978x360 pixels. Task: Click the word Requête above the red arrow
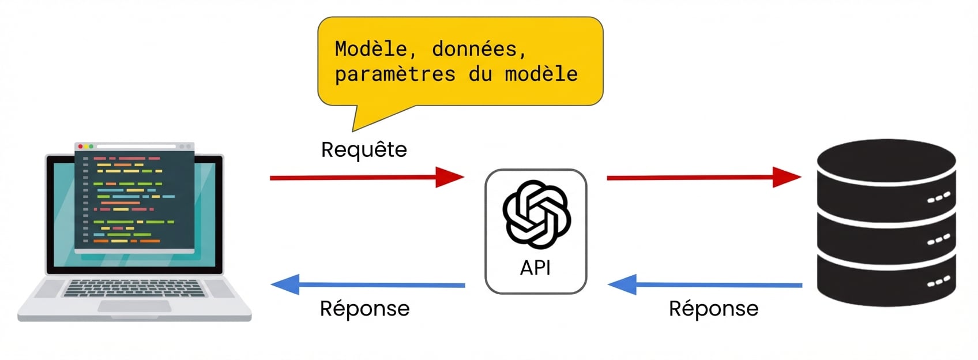point(364,150)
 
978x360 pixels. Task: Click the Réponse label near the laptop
point(364,309)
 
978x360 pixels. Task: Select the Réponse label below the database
point(713,309)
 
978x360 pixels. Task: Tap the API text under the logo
point(535,268)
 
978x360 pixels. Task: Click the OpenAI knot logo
point(536,215)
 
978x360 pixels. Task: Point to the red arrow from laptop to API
point(367,177)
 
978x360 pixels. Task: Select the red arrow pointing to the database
point(704,177)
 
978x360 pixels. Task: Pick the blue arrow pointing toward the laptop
point(367,284)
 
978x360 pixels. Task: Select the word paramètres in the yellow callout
point(395,74)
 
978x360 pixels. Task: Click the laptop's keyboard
point(134,288)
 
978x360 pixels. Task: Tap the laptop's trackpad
point(134,306)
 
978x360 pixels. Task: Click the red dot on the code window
point(81,147)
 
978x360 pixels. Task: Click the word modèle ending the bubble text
point(541,74)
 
